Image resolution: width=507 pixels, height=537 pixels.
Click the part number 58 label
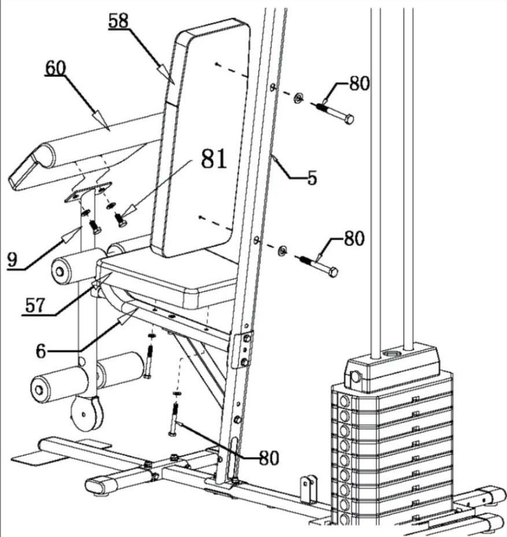(118, 21)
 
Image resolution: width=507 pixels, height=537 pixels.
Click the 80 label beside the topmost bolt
(359, 83)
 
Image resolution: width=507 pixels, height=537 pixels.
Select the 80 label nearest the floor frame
(268, 457)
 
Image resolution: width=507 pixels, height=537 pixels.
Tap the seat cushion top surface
(173, 272)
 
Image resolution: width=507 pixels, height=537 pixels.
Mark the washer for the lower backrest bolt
(283, 250)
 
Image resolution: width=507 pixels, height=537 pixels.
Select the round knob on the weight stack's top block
(355, 377)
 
